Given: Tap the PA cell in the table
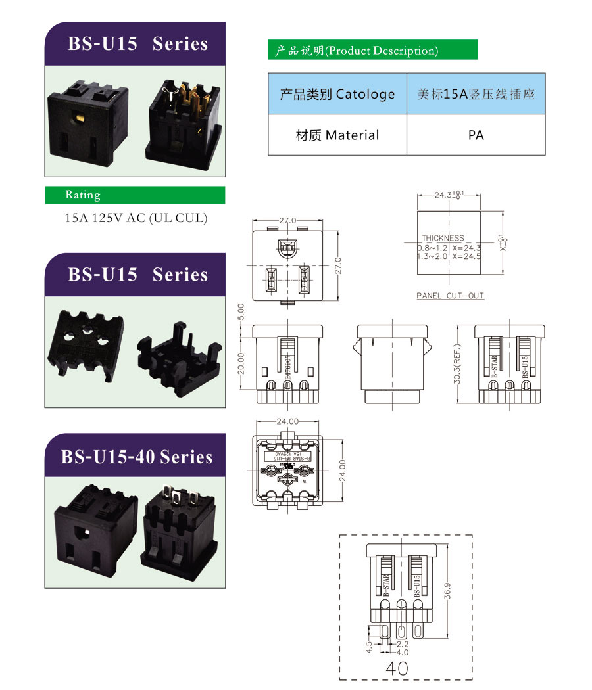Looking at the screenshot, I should tap(476, 135).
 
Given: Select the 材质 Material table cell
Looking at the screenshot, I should tap(337, 135).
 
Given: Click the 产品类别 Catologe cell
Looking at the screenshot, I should tap(337, 94).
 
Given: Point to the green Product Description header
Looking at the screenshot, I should tap(372, 51).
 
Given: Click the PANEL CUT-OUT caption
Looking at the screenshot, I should tap(450, 296).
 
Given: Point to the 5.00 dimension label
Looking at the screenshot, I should tap(241, 311).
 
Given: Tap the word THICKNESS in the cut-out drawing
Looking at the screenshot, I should tap(443, 238).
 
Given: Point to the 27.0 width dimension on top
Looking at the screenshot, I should tap(288, 221).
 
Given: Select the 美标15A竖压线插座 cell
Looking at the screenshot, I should tap(476, 94).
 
